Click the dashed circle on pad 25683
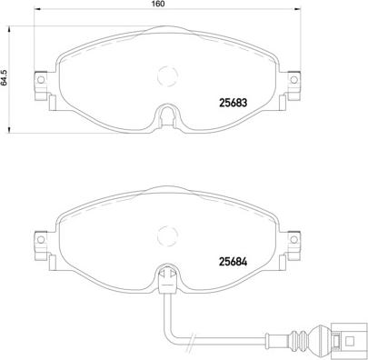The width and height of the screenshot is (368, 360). (x=167, y=79)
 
